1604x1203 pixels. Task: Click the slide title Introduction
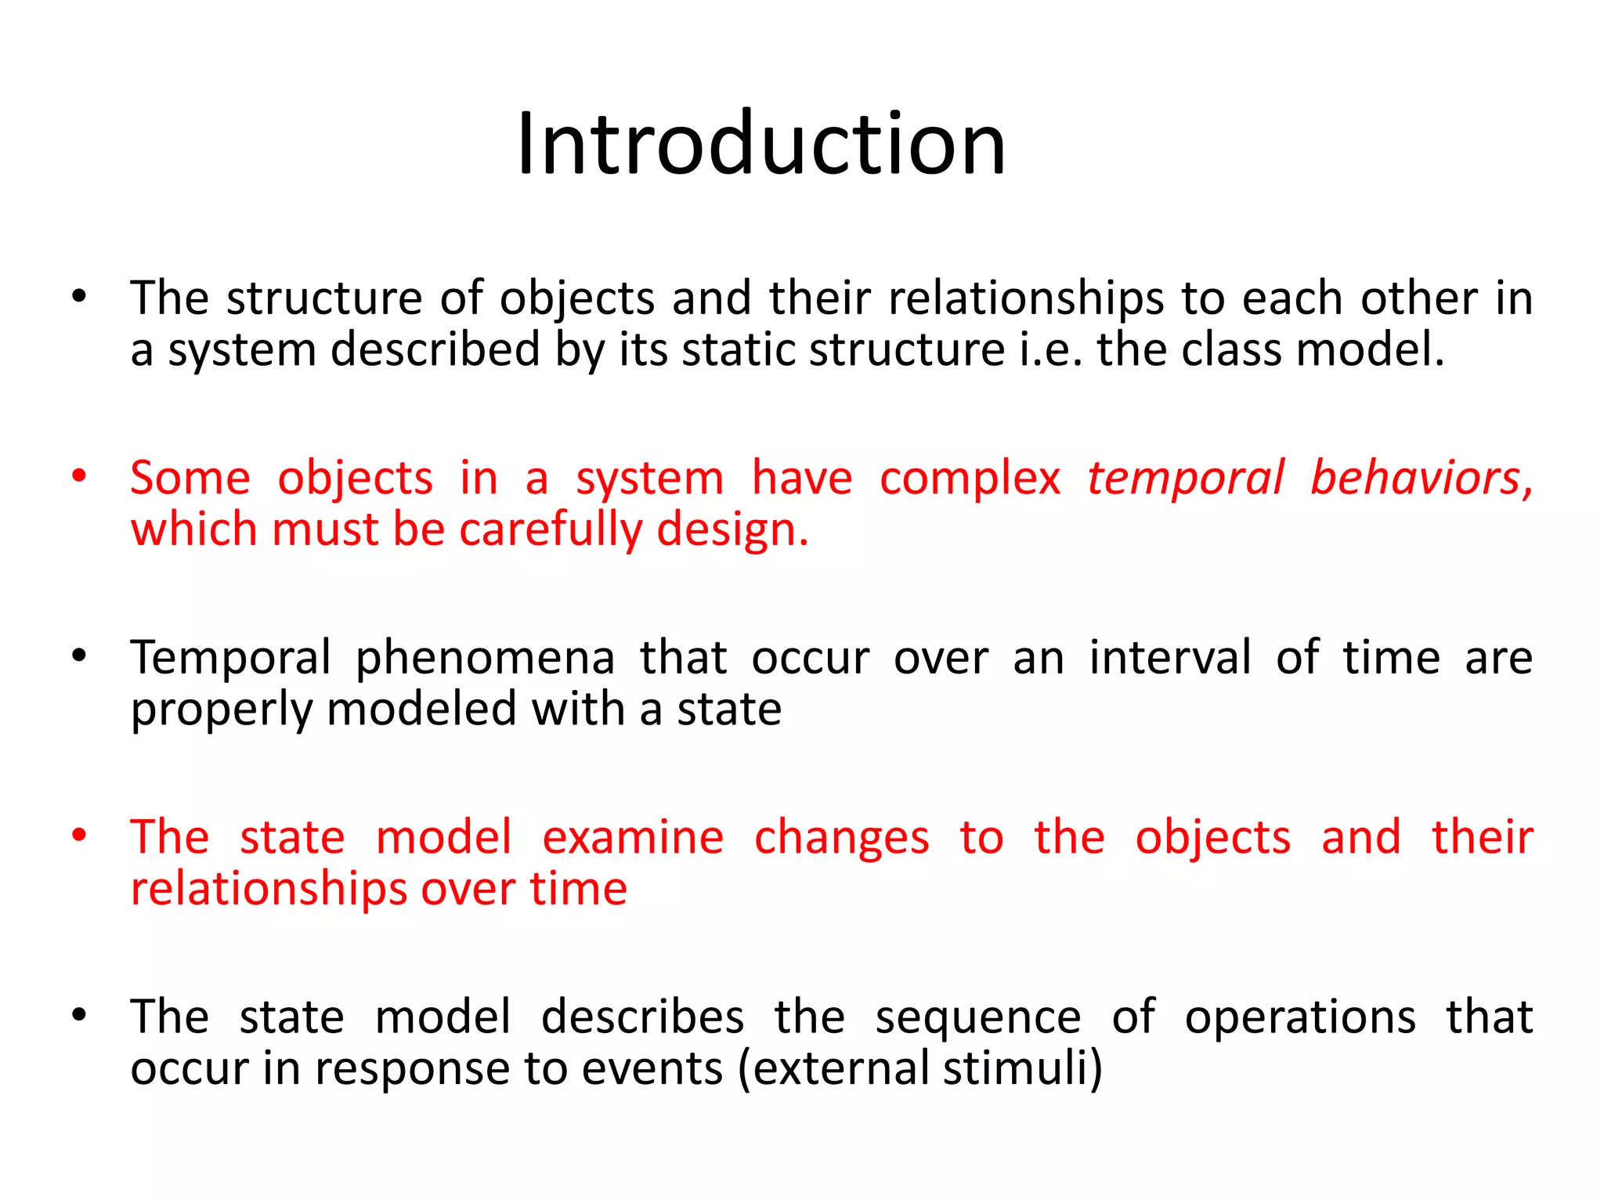point(760,144)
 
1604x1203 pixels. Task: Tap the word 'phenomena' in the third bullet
point(485,657)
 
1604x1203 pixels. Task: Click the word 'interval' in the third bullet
point(1170,657)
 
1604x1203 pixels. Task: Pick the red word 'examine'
point(633,837)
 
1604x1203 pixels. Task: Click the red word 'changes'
point(842,837)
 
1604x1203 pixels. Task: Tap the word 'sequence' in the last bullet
point(978,1017)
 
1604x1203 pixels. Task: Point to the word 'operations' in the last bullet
point(1300,1017)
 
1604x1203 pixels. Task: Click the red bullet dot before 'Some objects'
point(78,476)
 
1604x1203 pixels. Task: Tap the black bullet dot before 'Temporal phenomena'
point(78,656)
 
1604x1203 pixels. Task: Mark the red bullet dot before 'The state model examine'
point(78,836)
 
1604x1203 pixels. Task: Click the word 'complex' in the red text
point(970,478)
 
